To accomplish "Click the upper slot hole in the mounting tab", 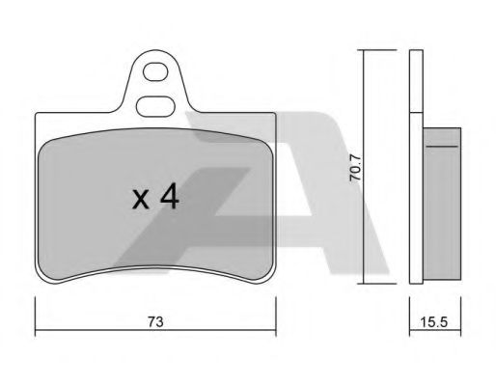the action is coord(155,72).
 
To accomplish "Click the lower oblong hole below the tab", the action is coord(155,106).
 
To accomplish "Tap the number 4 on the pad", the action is coord(170,196).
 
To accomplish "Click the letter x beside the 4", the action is coord(141,200).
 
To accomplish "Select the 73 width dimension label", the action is coord(155,321).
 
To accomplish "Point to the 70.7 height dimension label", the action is coord(356,168).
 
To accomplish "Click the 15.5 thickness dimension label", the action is coord(434,321).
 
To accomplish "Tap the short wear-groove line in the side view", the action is coord(442,147).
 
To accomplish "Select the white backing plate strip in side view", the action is coord(416,198).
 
